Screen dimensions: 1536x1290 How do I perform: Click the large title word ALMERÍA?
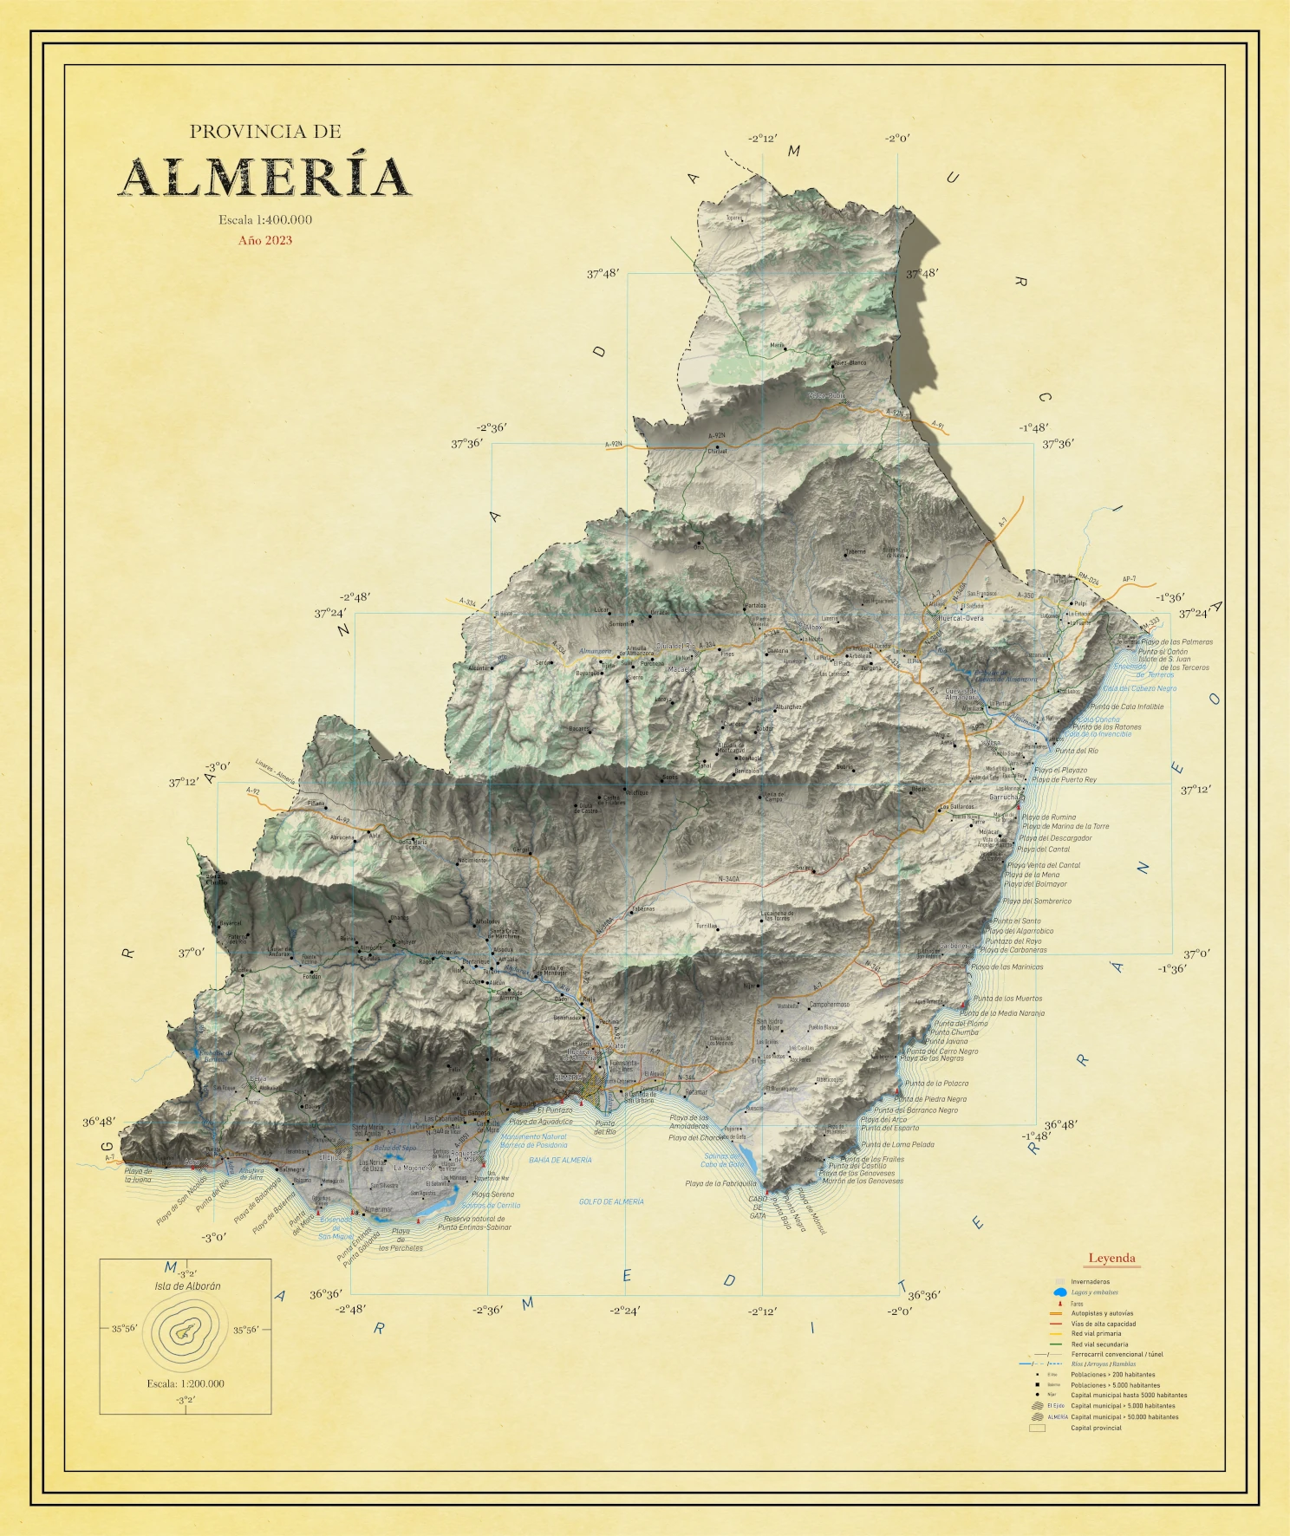coord(264,178)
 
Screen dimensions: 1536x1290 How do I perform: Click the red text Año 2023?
coord(265,241)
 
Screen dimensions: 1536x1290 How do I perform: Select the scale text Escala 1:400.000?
coord(265,220)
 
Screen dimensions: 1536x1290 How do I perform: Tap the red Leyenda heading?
coord(1111,1258)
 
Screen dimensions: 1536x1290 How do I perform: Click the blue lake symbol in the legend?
coord(1059,1292)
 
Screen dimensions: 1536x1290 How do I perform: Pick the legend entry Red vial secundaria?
coord(1099,1344)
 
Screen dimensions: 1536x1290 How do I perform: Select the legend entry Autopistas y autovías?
coord(1101,1313)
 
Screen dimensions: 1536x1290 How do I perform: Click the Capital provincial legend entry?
coord(1096,1428)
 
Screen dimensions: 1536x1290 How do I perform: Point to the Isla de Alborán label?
coord(187,1286)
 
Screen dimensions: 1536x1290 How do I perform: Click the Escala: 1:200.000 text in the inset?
coord(186,1383)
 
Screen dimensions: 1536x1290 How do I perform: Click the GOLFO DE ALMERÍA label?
coord(611,1201)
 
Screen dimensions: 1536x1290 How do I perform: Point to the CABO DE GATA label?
coord(758,1207)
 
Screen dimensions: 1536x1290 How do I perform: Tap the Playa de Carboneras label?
coord(1013,950)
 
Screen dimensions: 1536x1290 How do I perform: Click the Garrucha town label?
coord(1004,797)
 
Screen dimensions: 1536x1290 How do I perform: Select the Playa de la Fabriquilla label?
coord(720,1183)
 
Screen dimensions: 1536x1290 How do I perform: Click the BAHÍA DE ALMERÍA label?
coord(560,1160)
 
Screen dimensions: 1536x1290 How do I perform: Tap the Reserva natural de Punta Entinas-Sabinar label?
coord(474,1223)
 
